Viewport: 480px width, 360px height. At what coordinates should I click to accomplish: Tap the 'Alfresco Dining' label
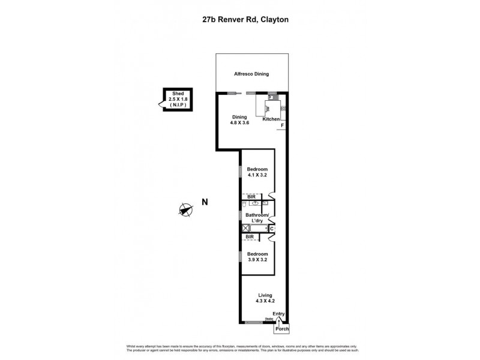(251, 74)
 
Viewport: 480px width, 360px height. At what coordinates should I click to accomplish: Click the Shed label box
(176, 99)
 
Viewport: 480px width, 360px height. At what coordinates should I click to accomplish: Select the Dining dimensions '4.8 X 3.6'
(239, 123)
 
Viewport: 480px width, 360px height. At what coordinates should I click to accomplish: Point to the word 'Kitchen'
(271, 119)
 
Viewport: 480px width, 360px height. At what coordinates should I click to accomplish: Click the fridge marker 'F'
(282, 125)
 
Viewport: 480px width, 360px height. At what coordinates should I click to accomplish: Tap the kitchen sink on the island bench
(268, 108)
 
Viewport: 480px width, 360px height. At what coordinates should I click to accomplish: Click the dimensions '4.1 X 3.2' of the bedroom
(257, 176)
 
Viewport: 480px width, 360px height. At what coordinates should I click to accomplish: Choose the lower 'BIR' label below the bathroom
(250, 237)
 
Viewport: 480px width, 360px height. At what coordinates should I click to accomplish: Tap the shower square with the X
(245, 228)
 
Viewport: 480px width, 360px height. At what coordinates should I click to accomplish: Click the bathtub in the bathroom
(257, 228)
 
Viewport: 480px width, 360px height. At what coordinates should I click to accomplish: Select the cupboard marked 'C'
(271, 228)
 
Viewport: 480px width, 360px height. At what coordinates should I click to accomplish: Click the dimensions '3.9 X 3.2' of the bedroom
(257, 259)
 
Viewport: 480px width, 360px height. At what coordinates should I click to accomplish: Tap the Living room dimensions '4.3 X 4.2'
(265, 301)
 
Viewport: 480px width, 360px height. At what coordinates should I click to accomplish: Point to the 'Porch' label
(281, 329)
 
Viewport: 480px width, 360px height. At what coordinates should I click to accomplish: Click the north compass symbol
(186, 209)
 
